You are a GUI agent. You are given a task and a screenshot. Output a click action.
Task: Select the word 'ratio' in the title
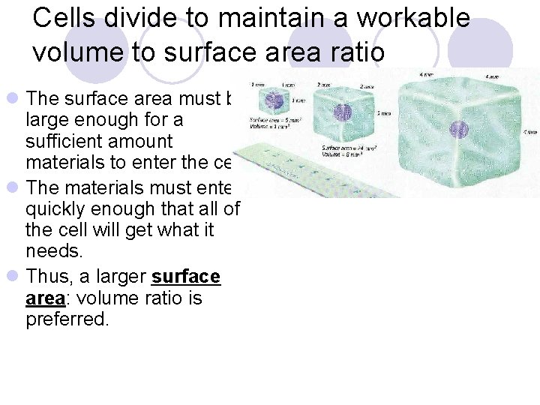353,52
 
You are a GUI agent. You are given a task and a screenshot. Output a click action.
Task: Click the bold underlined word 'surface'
185,277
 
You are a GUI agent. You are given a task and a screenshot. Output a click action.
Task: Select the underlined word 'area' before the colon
44,298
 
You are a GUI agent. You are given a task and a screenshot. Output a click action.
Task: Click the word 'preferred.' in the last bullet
67,319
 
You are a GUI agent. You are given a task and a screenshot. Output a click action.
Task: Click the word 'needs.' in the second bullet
54,250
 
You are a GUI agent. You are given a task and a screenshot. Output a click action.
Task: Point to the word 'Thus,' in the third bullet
47,277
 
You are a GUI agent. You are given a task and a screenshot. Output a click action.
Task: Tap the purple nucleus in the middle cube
343,112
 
